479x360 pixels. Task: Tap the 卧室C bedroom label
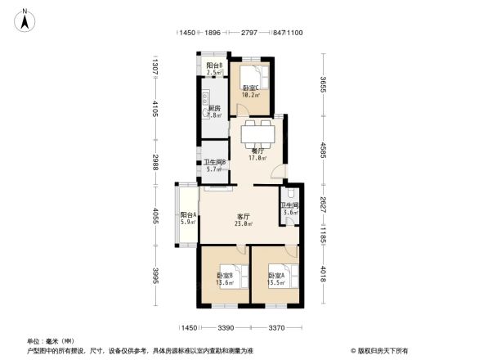pos(250,91)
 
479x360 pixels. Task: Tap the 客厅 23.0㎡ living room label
pos(243,219)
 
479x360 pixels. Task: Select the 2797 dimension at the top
pos(249,33)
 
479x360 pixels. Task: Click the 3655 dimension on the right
pos(324,85)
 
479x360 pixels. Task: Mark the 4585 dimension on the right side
pos(324,151)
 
